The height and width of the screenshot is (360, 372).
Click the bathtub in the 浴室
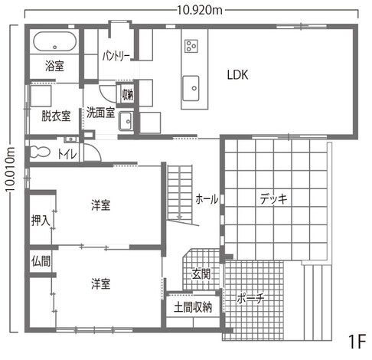tap(54, 41)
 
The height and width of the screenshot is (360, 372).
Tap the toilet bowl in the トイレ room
tap(40, 152)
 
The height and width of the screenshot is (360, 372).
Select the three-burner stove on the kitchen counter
tap(191, 46)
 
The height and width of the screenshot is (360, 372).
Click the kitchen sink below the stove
tap(191, 88)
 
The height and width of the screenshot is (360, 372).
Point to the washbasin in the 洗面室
tap(126, 121)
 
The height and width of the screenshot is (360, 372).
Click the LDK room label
tap(237, 75)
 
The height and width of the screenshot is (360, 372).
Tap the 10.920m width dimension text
tap(200, 11)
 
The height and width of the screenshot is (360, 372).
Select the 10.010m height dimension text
tap(11, 169)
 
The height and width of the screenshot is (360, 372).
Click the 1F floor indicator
tap(357, 342)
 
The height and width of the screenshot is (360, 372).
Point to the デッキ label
tap(273, 199)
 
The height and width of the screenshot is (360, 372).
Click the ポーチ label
tap(250, 298)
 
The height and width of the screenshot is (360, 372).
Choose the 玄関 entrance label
tap(201, 274)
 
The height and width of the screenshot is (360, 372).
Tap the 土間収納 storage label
tap(193, 307)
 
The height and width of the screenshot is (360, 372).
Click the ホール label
tap(207, 199)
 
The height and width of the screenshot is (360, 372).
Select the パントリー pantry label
tap(116, 56)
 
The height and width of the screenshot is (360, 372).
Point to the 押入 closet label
tap(41, 221)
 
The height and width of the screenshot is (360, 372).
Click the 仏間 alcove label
tap(41, 261)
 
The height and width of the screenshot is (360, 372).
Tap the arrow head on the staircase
tap(179, 217)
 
